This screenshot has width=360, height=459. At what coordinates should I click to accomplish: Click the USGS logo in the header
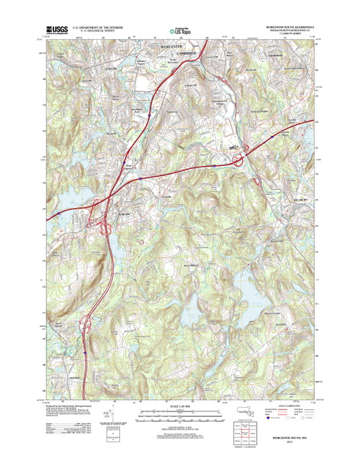57,31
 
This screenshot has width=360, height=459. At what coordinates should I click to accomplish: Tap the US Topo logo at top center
180,31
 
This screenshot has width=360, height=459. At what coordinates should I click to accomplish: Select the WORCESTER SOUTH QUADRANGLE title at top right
282,28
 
